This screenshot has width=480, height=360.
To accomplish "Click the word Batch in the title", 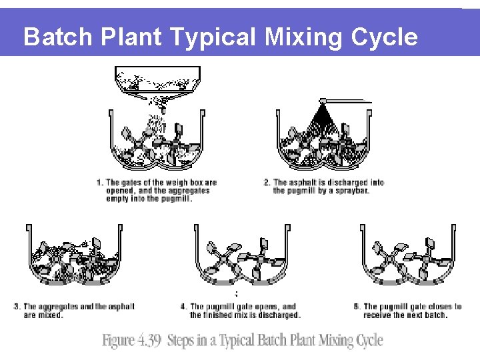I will pos(55,37).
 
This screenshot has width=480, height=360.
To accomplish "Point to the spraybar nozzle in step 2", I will pos(323,103).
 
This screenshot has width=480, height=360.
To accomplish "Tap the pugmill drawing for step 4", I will pos(243,257).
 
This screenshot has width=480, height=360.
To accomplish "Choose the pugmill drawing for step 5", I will pos(409,257).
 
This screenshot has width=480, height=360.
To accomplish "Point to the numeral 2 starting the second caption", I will pos(267,183).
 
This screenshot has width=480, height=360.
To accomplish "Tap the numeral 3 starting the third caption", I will pos(17,307).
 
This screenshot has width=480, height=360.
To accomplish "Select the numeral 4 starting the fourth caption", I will pos(183,307).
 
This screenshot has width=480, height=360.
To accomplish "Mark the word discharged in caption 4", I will pos(278,315).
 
